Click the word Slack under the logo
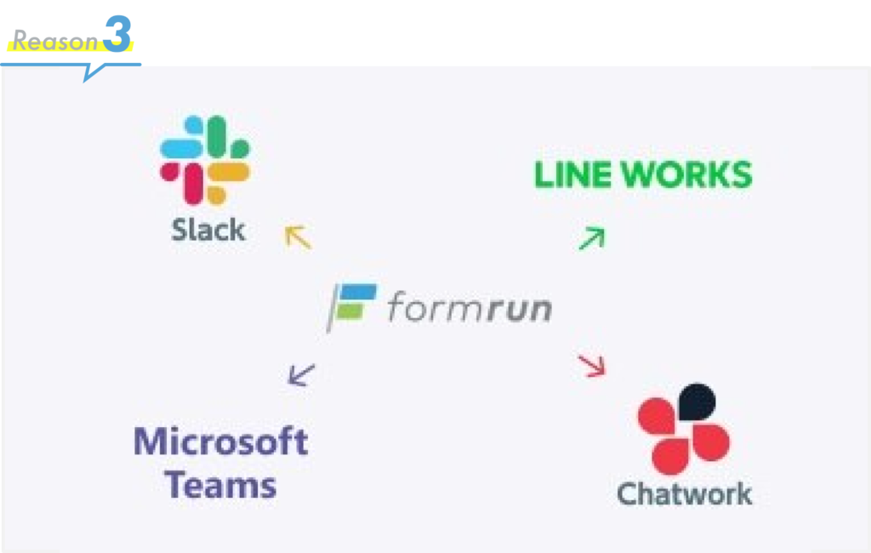click(208, 230)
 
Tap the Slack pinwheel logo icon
click(205, 160)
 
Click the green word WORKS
click(686, 174)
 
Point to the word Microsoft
click(221, 442)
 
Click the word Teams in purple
click(220, 485)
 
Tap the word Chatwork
click(685, 493)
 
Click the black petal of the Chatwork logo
click(697, 402)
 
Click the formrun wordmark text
click(470, 307)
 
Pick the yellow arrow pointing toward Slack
click(299, 237)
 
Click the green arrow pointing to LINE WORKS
click(592, 238)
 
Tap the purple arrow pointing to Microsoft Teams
click(302, 374)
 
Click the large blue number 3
click(117, 34)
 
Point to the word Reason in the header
click(55, 41)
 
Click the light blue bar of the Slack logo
click(181, 149)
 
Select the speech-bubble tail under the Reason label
click(94, 71)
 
